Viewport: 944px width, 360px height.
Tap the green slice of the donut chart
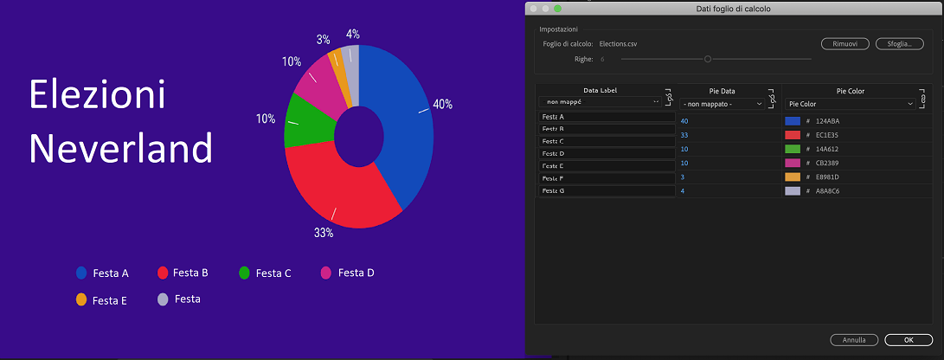[305, 121]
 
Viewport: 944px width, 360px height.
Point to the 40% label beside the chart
[442, 104]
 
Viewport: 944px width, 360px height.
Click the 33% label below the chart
[324, 233]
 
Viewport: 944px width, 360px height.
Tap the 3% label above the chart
[323, 39]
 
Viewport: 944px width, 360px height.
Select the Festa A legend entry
[102, 273]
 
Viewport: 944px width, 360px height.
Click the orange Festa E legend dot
[81, 300]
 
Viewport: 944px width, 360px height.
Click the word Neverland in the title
[121, 148]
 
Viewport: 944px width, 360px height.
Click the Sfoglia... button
[898, 43]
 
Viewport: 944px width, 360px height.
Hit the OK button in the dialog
[908, 340]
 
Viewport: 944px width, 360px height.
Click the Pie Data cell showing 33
[684, 135]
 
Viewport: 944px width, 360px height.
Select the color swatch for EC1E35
[793, 135]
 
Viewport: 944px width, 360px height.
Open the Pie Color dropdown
[849, 104]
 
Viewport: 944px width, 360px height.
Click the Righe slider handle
[708, 59]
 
